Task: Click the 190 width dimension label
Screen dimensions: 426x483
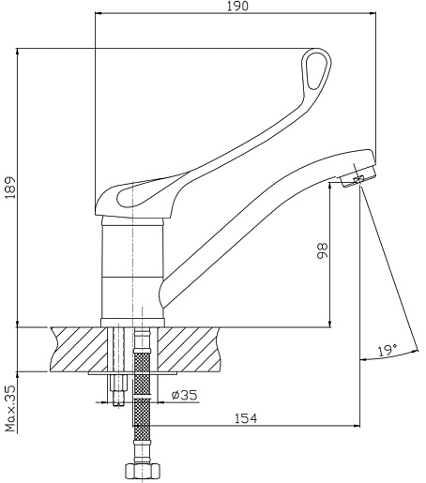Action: [237, 7]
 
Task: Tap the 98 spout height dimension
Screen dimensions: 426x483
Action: [322, 250]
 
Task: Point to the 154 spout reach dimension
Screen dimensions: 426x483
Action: [246, 418]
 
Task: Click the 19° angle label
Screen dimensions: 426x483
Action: [388, 351]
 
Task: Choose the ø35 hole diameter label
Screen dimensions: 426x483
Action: [185, 395]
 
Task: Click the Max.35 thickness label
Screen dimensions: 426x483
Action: [10, 409]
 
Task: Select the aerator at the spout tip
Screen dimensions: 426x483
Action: [358, 179]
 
